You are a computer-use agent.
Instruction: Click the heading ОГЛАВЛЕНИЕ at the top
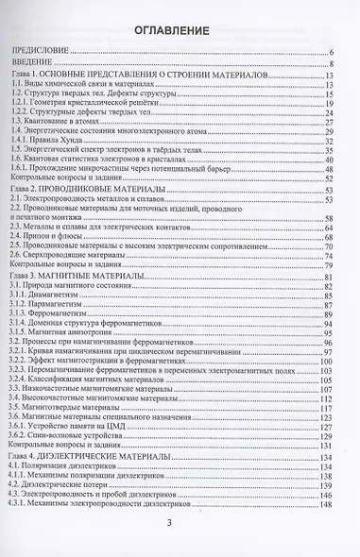pyautogui.click(x=180, y=32)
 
